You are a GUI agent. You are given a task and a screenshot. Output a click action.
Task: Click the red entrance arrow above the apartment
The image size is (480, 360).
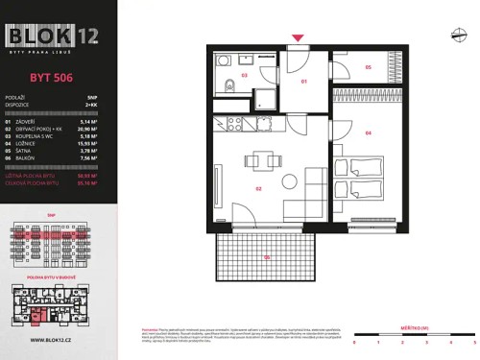pyautogui.click(x=299, y=38)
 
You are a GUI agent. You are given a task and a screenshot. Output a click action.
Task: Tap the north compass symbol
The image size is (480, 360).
pyautogui.click(x=457, y=36)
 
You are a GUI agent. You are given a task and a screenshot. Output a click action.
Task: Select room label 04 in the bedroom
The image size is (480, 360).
pyautogui.click(x=369, y=133)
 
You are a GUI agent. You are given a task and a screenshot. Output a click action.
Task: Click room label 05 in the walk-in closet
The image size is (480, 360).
pyautogui.click(x=368, y=68)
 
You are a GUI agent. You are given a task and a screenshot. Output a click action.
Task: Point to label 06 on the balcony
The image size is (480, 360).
pyautogui.click(x=267, y=257)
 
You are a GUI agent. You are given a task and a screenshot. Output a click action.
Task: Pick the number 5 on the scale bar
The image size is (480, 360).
pyautogui.click(x=474, y=341)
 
